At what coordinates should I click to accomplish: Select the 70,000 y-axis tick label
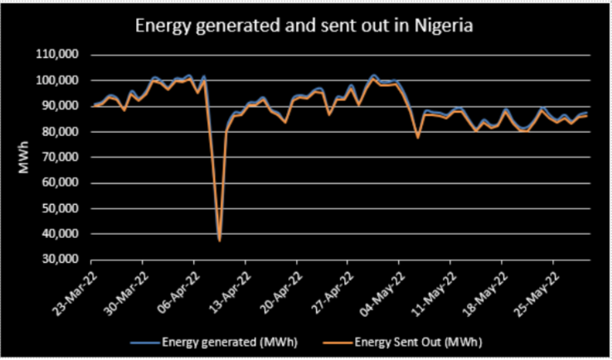[62, 158]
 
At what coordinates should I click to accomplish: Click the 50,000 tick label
[62, 209]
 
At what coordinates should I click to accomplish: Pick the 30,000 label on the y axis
[62, 260]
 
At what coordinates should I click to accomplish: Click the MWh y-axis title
[25, 158]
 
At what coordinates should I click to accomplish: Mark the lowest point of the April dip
[219, 241]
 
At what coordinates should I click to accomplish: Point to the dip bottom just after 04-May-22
[418, 137]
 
